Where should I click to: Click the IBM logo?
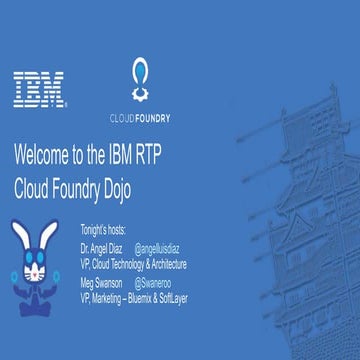pyautogui.click(x=40, y=90)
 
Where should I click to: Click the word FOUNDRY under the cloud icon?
pyautogui.click(x=152, y=117)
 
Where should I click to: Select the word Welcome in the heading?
pyautogui.click(x=45, y=155)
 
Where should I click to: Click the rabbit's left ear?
pyautogui.click(x=22, y=240)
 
